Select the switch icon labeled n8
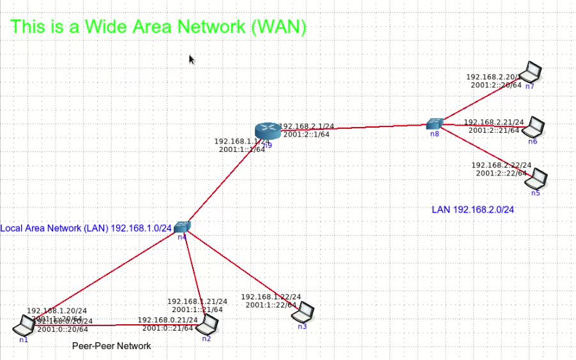(x=436, y=123)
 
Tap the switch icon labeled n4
(x=183, y=227)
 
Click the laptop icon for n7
(x=531, y=71)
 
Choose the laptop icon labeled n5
(x=539, y=178)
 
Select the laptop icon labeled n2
(x=208, y=325)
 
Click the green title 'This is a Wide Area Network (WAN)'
(x=159, y=27)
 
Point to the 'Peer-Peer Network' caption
(x=112, y=346)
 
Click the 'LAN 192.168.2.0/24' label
(x=473, y=209)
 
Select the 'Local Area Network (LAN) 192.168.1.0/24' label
(x=86, y=228)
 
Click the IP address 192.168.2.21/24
(x=494, y=122)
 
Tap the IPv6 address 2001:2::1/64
(x=307, y=134)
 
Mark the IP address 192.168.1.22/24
(x=271, y=297)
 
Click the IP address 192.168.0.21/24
(x=168, y=320)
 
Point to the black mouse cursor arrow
(x=192, y=59)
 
